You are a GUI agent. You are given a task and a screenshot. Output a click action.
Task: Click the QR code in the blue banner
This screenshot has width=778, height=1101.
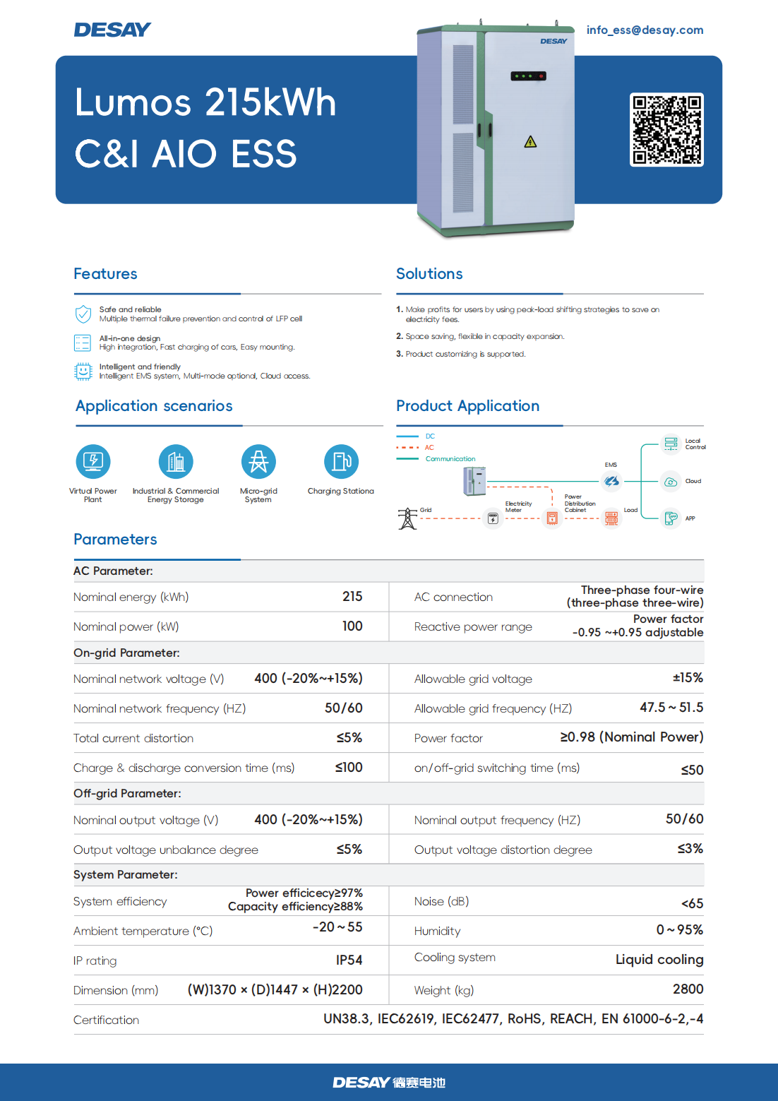666,130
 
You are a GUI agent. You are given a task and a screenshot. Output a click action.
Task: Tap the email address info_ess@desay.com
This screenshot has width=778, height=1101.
645,30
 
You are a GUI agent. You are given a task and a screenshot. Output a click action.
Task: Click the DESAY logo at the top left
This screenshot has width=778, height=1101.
112,30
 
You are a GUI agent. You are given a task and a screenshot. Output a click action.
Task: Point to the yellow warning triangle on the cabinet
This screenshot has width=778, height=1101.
530,142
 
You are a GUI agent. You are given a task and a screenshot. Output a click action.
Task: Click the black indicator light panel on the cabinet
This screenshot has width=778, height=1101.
528,76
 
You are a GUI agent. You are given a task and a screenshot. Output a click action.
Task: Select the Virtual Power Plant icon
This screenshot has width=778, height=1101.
93,461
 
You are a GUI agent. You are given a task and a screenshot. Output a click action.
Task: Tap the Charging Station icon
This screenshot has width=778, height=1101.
341,461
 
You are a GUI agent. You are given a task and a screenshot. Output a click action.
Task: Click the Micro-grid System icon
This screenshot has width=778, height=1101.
258,461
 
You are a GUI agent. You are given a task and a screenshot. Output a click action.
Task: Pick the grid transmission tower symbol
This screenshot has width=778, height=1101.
407,518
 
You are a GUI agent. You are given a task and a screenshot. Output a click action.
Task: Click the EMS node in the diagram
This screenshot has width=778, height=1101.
611,481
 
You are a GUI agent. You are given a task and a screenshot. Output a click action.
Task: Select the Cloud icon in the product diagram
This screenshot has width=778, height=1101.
671,482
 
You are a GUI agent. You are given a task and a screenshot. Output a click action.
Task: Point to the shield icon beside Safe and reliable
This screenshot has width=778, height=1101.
83,314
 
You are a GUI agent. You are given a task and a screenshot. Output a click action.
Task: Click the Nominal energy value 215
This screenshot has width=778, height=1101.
352,596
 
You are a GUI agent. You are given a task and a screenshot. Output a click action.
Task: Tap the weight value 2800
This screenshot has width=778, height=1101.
688,989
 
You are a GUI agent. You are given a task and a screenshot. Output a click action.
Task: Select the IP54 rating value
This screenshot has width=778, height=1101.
349,960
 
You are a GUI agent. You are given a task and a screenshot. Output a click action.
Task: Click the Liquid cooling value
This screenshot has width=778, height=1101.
659,960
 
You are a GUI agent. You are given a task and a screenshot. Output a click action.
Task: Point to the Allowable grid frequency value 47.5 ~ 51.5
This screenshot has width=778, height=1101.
671,708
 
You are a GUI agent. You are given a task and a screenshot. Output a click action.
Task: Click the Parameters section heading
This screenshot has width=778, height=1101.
115,539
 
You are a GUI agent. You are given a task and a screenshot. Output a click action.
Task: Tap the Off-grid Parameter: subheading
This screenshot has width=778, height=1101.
127,793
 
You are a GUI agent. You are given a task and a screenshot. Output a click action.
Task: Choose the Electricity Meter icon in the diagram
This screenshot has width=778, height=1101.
493,518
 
